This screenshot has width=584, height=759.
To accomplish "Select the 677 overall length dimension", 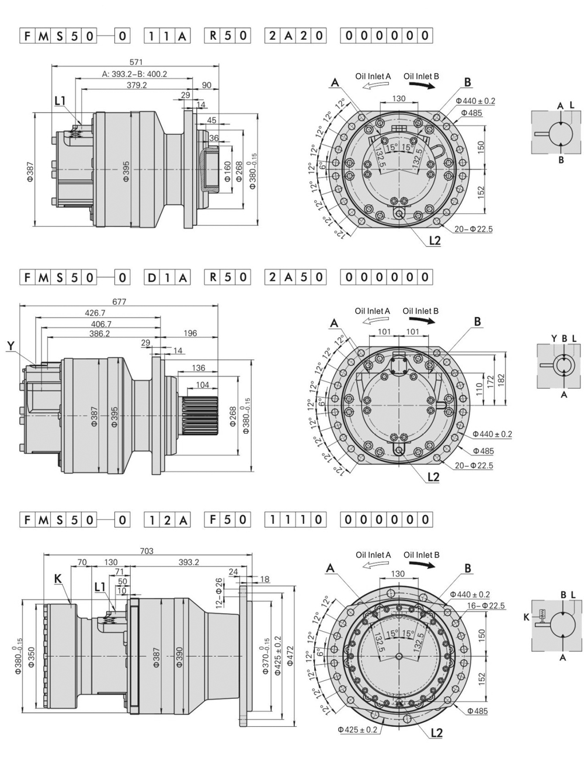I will tap(119, 302).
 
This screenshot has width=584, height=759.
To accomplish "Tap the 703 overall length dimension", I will tap(147, 551).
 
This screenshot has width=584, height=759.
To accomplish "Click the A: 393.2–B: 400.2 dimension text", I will tap(134, 74).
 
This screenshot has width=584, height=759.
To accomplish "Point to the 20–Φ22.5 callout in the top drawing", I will tap(472, 229).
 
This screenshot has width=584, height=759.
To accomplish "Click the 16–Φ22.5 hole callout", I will tap(486, 605).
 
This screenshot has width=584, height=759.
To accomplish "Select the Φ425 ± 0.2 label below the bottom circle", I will tap(357, 730).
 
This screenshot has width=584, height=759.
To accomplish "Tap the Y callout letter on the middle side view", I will tap(10, 346).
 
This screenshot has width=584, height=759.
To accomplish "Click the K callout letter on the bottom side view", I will tap(57, 578).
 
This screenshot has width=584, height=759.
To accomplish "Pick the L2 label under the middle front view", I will tap(433, 477).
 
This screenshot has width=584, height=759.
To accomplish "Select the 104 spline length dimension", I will tap(202, 385).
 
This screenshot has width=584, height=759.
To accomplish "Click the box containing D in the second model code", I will tap(152, 277).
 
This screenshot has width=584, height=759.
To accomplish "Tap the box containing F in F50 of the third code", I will tap(213, 519).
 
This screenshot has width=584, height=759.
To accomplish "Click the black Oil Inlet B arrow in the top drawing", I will tap(421, 85).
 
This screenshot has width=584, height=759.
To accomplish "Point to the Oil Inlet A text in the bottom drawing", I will tap(373, 555).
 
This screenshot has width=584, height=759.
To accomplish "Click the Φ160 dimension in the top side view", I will tap(228, 169).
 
